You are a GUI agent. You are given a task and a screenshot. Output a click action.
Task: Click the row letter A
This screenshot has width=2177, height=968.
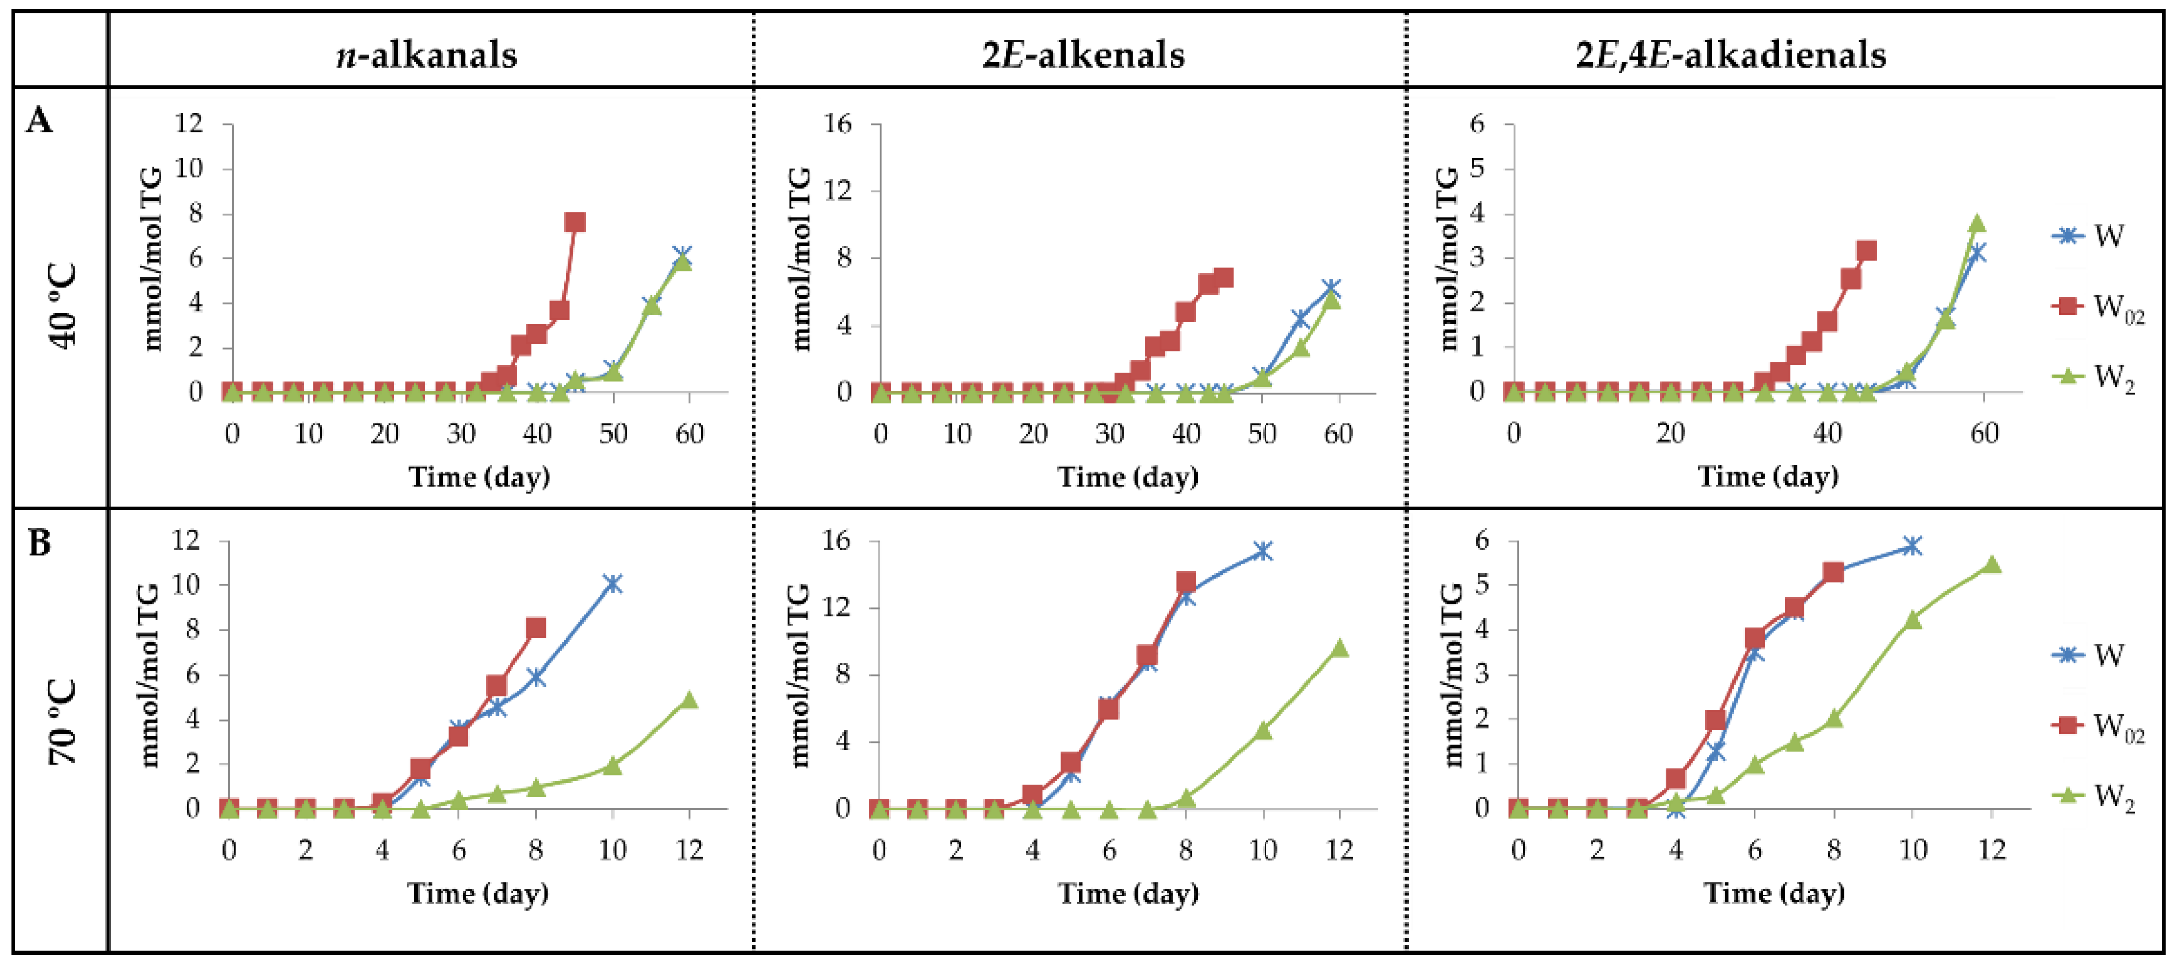tap(40, 122)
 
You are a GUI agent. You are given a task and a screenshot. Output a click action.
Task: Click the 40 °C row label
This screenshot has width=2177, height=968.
tap(64, 306)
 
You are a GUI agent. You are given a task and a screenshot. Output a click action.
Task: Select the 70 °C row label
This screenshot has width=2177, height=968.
tap(64, 723)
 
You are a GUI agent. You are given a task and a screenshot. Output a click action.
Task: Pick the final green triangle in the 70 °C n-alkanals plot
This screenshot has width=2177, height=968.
tap(689, 700)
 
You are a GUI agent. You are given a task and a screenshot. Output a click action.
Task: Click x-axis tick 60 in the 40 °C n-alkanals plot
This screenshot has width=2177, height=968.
tap(689, 434)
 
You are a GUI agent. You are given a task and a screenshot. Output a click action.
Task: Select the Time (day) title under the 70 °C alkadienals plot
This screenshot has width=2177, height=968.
tap(1773, 893)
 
